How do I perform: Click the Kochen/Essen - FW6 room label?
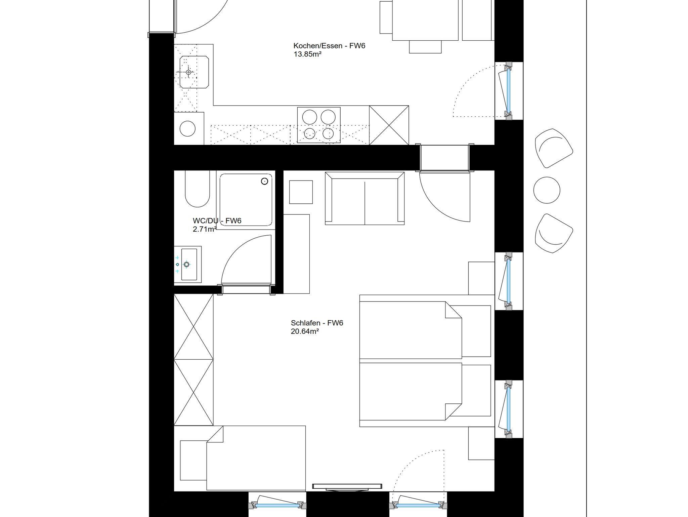(x=329, y=46)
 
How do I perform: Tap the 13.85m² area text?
(x=308, y=54)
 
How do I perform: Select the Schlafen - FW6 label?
(x=317, y=323)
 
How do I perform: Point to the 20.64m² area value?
(x=305, y=331)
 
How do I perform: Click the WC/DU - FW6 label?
(x=217, y=221)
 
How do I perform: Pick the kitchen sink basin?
(x=194, y=72)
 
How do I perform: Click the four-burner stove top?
(x=319, y=125)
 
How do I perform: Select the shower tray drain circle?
(x=265, y=181)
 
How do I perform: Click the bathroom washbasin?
(x=189, y=264)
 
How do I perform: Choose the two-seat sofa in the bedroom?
(x=364, y=198)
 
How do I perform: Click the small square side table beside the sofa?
(x=301, y=192)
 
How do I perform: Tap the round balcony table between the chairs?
(x=547, y=190)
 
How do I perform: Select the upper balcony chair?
(x=553, y=148)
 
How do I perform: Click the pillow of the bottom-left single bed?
(x=193, y=461)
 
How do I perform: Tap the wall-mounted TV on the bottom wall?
(x=347, y=486)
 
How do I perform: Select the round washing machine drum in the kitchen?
(x=188, y=128)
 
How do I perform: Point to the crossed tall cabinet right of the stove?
(x=389, y=125)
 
